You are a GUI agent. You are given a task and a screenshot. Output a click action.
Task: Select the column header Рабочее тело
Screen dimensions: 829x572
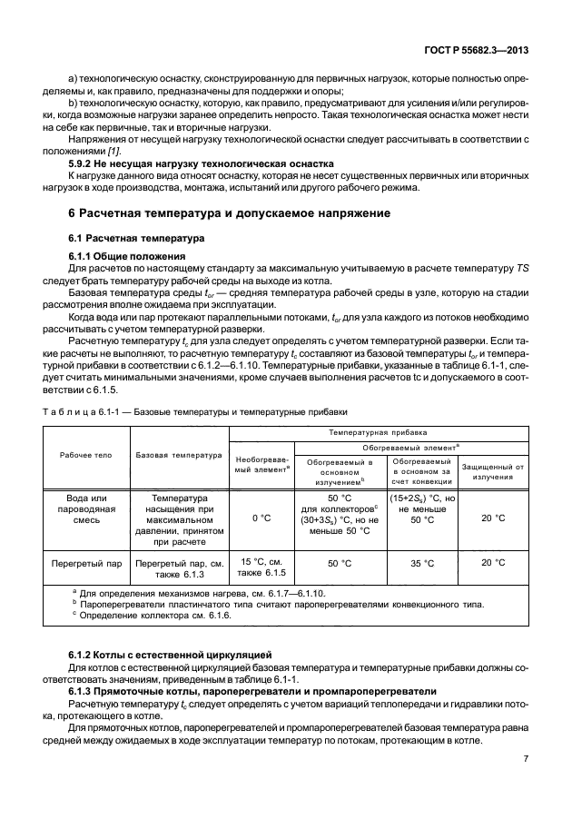point(87,455)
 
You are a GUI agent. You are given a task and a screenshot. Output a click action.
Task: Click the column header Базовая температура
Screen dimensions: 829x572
point(179,455)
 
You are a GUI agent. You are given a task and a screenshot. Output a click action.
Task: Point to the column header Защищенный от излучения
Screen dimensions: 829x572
point(493,470)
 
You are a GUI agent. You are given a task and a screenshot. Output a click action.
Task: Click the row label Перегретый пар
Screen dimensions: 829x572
point(87,563)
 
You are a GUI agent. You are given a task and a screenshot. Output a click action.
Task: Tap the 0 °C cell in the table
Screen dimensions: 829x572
point(261,518)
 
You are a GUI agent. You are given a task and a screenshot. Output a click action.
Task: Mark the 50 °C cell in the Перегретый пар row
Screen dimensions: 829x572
point(340,563)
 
